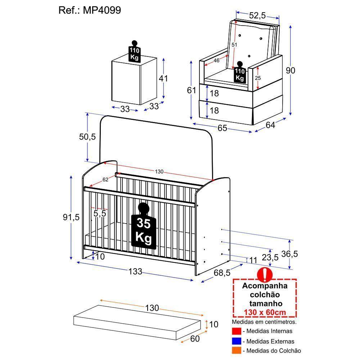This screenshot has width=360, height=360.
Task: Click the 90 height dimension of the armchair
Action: pyautogui.click(x=290, y=71)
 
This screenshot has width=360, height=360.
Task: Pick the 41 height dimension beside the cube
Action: pyautogui.click(x=164, y=78)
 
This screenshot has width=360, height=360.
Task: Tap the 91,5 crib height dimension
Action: pyautogui.click(x=71, y=217)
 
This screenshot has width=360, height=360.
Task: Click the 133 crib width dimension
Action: pyautogui.click(x=135, y=271)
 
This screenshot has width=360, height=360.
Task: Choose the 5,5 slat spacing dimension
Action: pyautogui.click(x=100, y=213)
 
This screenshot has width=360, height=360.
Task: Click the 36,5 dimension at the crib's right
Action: pyautogui.click(x=289, y=254)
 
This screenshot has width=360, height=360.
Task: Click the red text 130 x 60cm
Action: pyautogui.click(x=265, y=312)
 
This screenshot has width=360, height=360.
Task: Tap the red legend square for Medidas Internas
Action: pyautogui.click(x=236, y=331)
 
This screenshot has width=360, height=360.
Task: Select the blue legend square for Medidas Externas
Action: pyautogui.click(x=236, y=341)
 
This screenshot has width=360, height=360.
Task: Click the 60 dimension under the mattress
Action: pyautogui.click(x=195, y=338)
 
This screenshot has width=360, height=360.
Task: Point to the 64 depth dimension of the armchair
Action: pyautogui.click(x=270, y=125)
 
